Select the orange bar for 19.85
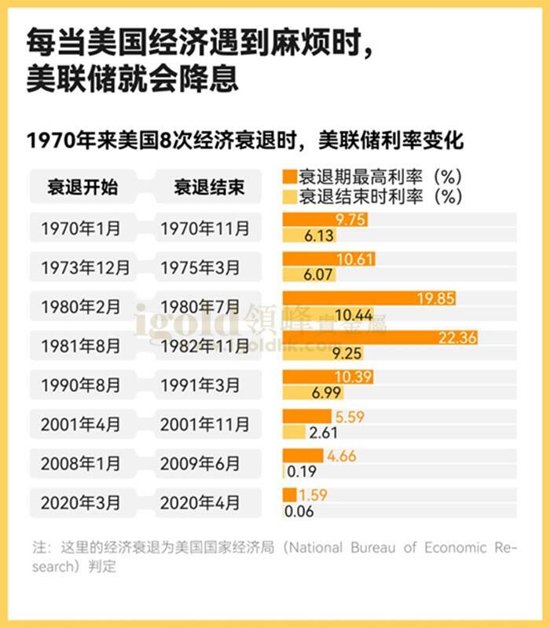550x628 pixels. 369,298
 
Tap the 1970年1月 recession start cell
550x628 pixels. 81,228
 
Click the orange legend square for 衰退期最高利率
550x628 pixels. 289,175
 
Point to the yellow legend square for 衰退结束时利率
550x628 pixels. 289,195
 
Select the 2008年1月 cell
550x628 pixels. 81,463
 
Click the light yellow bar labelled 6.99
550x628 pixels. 306,392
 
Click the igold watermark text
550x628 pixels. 185,321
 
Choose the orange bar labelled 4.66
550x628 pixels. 302,455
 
